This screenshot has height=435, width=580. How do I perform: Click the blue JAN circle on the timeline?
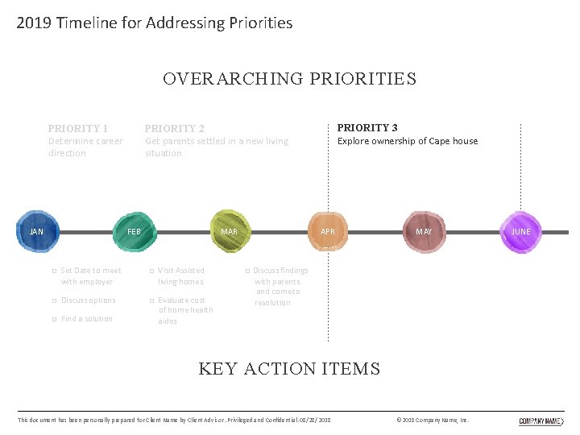coord(37,231)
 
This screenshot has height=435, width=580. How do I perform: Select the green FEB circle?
coord(134,231)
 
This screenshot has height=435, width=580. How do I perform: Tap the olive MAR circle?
coord(230,231)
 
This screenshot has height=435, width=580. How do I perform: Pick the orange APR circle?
coord(327,231)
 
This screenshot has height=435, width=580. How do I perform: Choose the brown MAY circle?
coord(424,231)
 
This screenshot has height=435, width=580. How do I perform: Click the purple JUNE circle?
coord(520,231)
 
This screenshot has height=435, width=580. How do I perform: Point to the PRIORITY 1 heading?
coord(78,128)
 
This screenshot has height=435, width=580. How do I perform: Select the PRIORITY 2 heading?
coord(174,128)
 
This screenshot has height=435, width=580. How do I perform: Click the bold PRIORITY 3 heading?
coord(367,127)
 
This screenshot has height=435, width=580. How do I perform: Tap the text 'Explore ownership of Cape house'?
coord(407,141)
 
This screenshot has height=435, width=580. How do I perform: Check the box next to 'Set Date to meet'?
coord(54,271)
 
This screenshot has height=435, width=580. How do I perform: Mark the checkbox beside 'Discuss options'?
coord(54,300)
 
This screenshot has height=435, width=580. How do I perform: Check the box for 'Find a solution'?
coord(54,319)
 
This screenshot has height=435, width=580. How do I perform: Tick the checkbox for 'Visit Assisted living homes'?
coord(151,271)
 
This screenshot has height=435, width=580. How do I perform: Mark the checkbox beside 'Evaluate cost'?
coord(151,300)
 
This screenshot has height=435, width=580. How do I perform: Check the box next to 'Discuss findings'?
coord(247,271)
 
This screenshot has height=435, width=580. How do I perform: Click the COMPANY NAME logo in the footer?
coord(541,420)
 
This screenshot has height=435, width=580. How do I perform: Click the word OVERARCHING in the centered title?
coord(233,79)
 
